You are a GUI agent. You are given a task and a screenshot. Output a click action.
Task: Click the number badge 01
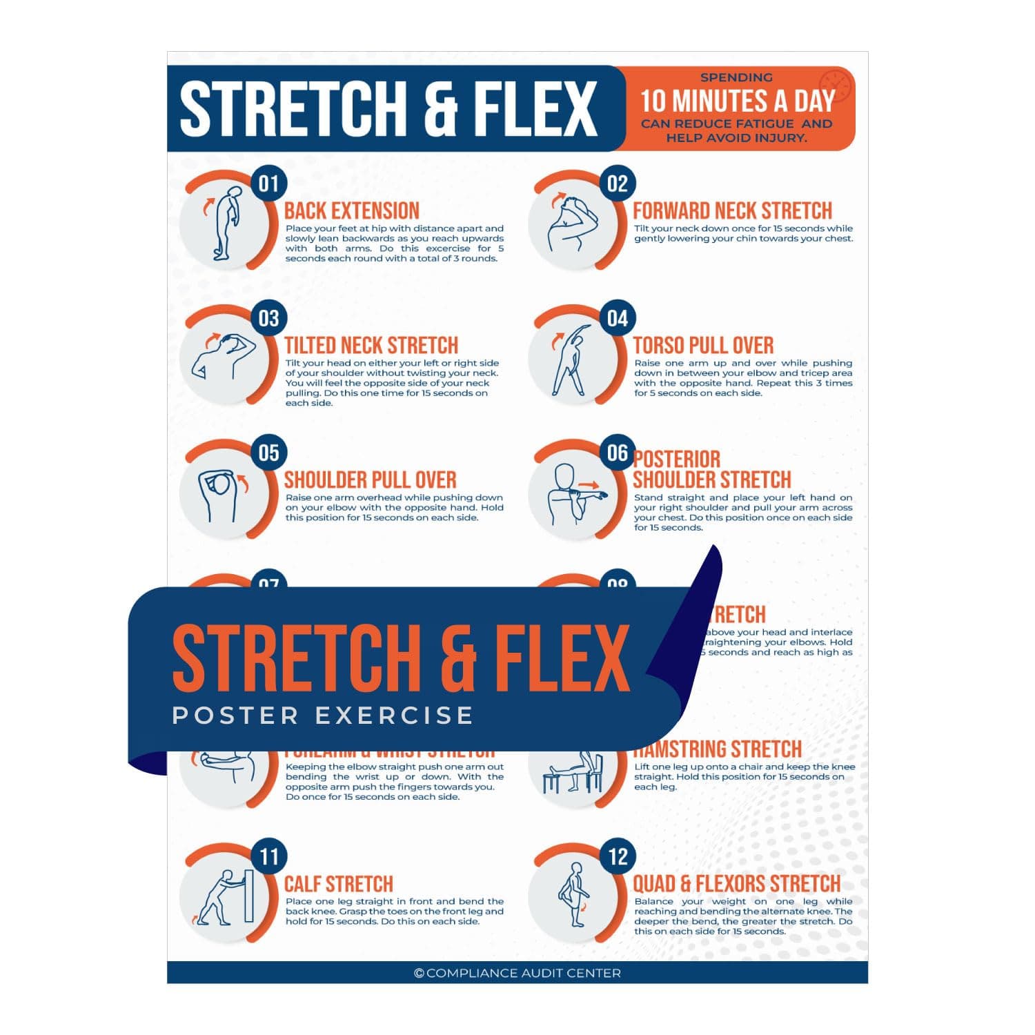[268, 184]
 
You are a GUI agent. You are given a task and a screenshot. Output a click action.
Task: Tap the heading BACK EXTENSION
[352, 210]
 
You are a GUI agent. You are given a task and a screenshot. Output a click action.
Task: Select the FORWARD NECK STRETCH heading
[732, 210]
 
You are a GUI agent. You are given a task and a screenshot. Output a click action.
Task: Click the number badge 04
[618, 318]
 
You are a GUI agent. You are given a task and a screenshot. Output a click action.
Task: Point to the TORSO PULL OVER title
[703, 345]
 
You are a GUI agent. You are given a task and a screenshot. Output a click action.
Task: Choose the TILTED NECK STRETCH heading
[371, 345]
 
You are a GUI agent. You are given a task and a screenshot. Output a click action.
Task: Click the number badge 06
[618, 453]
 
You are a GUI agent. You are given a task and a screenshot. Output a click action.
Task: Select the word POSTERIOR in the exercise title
[677, 459]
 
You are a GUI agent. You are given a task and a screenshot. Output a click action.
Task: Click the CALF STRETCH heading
[338, 884]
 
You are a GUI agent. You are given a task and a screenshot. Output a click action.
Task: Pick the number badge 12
[618, 856]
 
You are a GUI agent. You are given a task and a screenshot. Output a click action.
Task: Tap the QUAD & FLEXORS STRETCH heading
[736, 884]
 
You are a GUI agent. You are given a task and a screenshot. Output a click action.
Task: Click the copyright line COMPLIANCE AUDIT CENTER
[517, 973]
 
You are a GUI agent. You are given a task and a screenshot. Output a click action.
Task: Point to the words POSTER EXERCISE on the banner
[322, 716]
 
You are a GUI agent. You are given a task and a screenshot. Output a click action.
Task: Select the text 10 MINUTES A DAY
[737, 101]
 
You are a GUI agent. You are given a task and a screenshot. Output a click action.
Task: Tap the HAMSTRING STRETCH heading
[718, 750]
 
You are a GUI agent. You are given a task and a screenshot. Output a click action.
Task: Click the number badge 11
[268, 856]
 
